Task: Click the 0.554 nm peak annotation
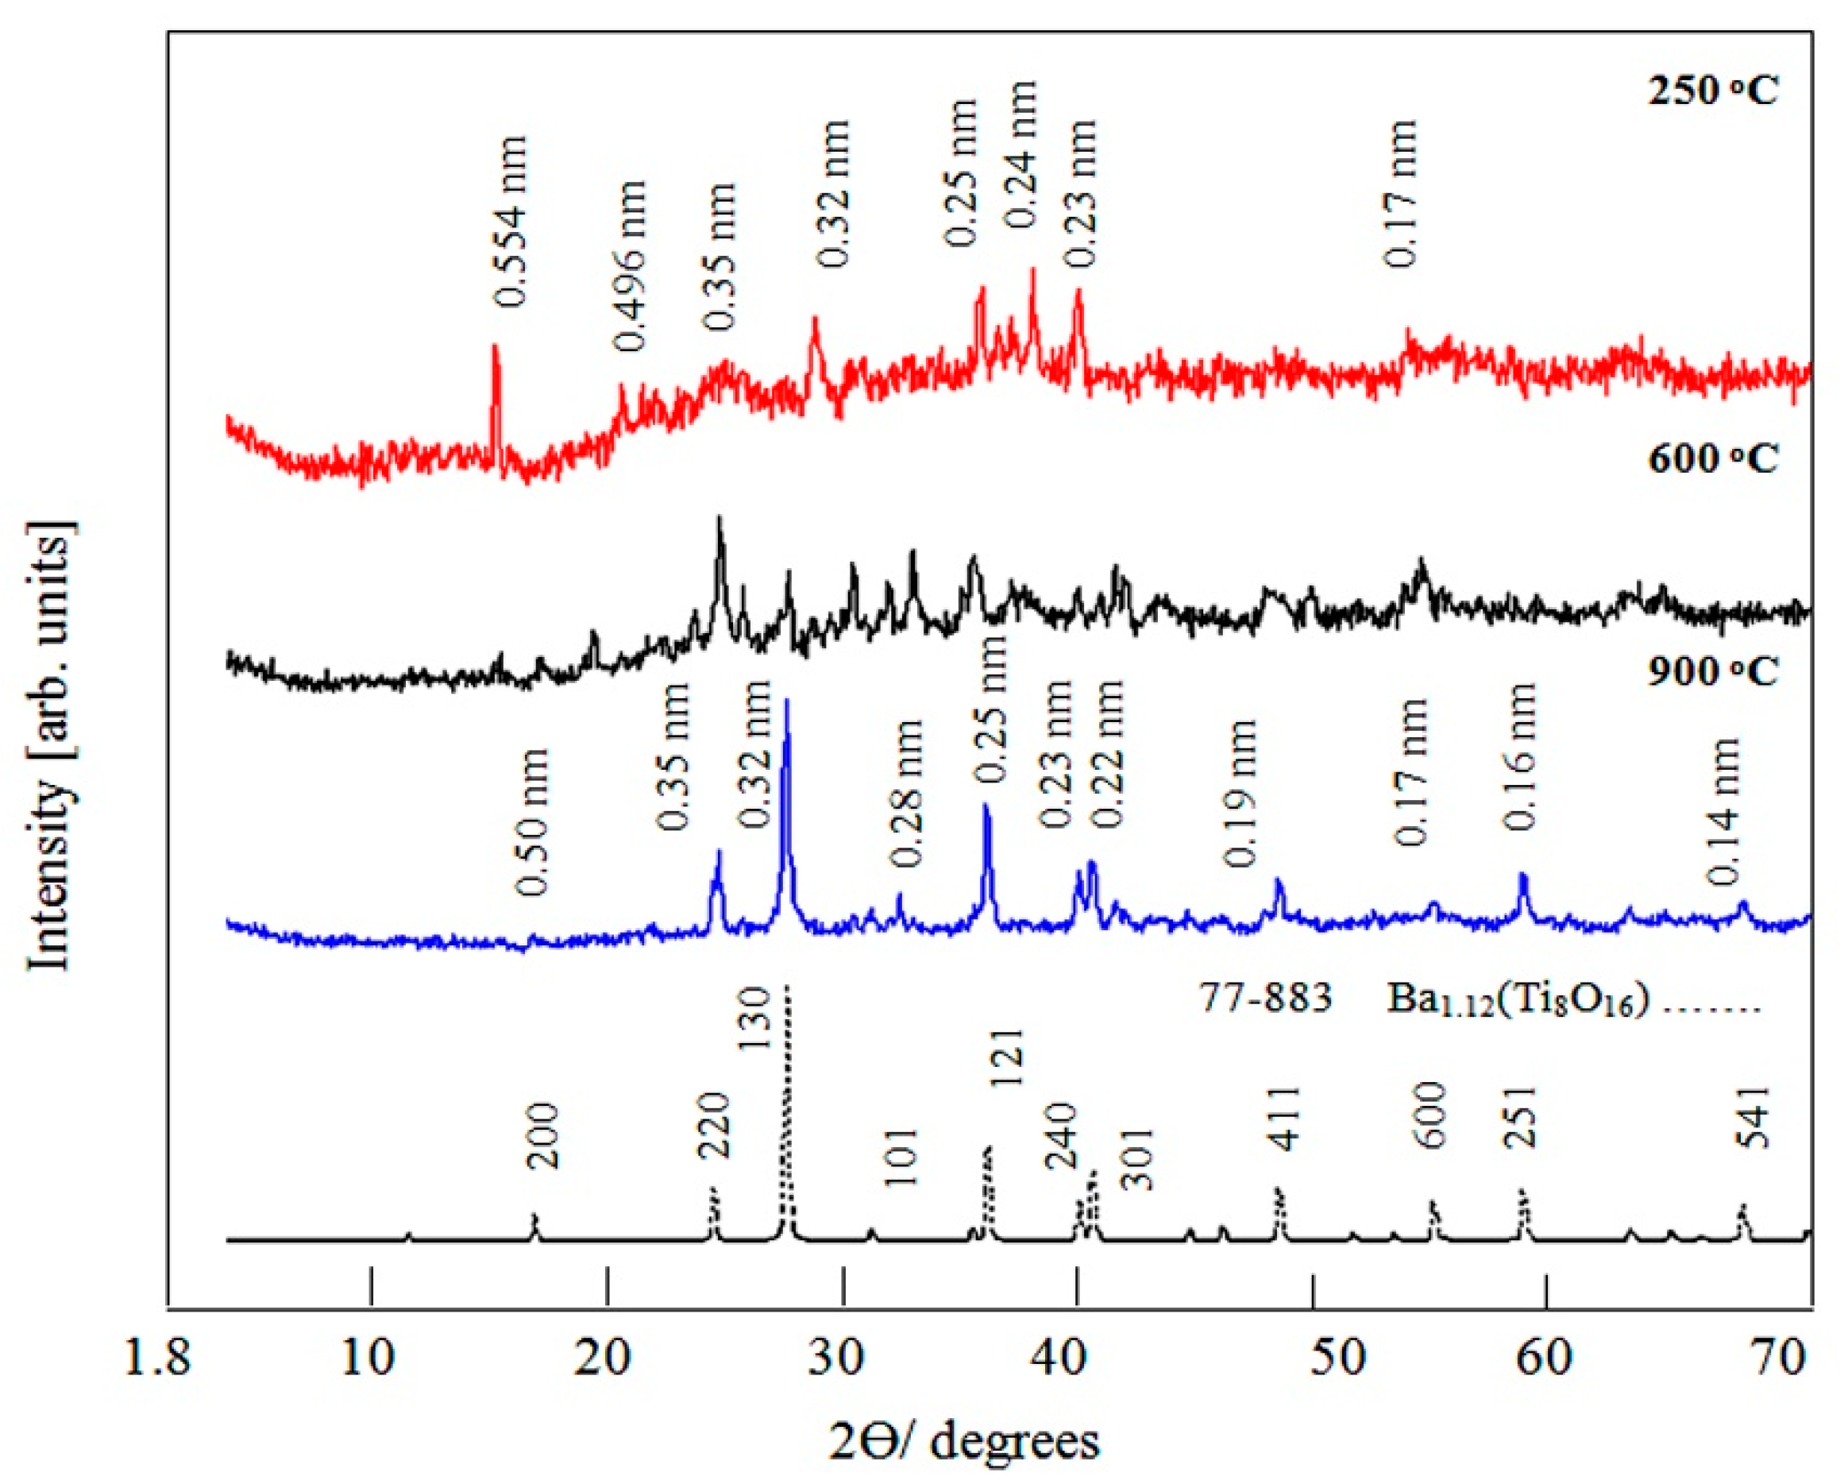(511, 221)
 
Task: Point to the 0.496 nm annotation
(630, 267)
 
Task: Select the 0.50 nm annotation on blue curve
(532, 821)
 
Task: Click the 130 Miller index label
(757, 1018)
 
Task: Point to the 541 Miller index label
(1753, 1117)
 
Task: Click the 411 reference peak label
(1286, 1117)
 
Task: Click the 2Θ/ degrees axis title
(964, 1442)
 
